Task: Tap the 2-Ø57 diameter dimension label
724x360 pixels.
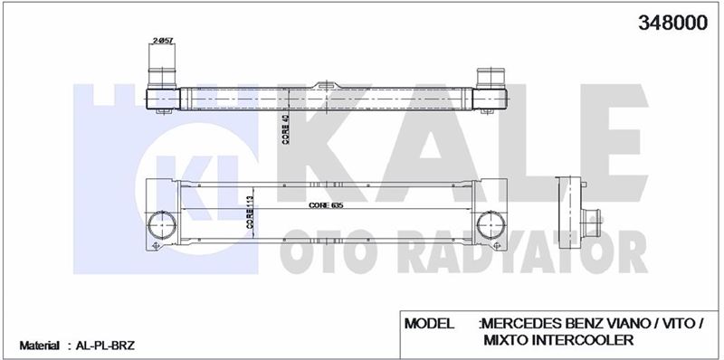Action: click(162, 41)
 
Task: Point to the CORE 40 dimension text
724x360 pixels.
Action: click(286, 129)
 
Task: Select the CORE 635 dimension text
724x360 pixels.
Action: click(327, 206)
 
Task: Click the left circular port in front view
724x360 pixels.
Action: click(162, 226)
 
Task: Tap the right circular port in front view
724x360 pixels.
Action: click(491, 226)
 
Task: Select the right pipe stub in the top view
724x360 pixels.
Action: click(491, 78)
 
